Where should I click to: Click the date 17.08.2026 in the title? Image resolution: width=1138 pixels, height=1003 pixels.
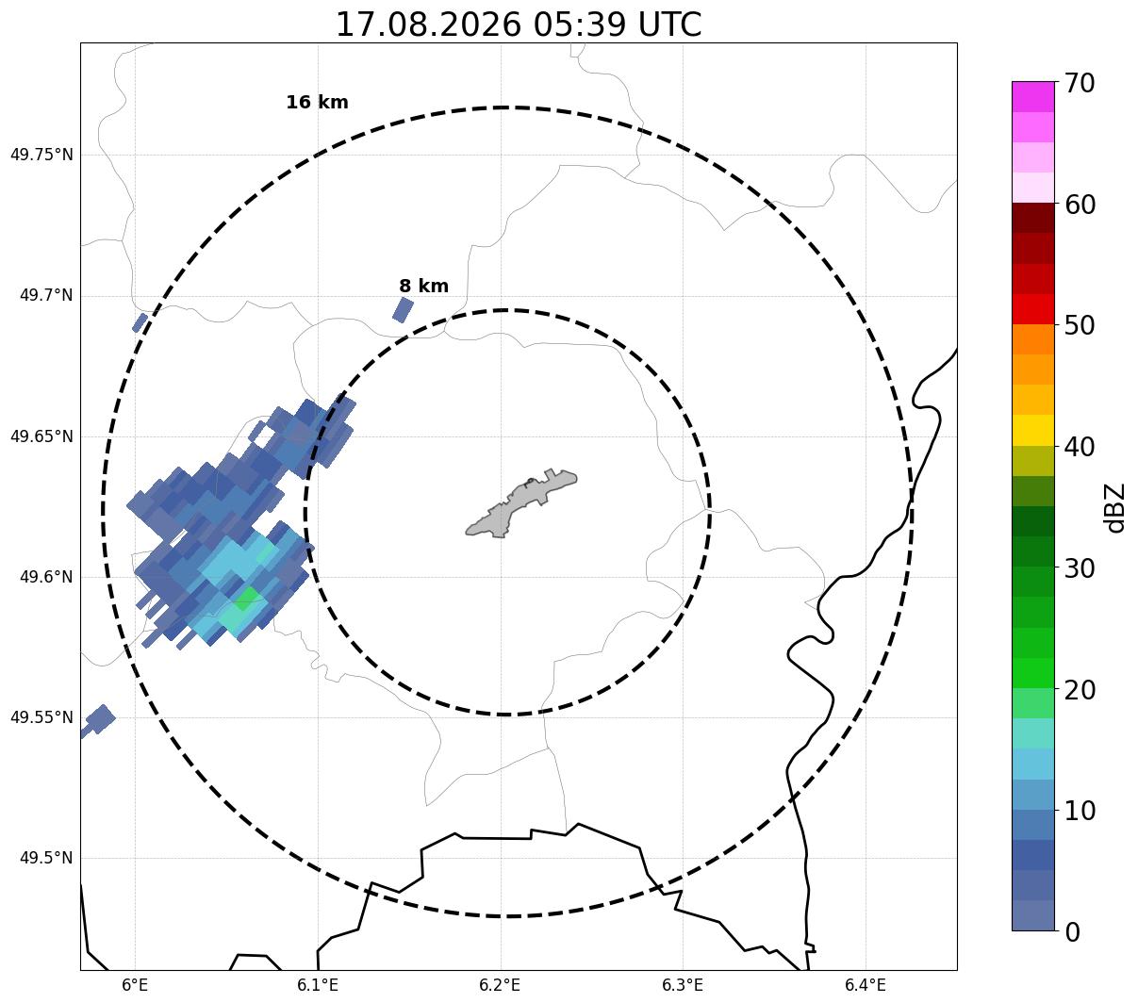click(428, 25)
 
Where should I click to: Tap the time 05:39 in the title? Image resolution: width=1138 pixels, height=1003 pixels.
click(579, 25)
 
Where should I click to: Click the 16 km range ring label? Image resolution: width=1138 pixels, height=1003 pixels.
click(318, 102)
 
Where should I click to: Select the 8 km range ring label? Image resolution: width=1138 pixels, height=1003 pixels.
click(424, 286)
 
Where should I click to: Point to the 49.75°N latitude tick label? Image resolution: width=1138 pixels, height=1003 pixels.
click(41, 155)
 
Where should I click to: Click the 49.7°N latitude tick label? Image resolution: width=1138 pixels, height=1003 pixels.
click(46, 295)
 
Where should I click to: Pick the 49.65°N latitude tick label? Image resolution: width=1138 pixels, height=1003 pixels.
click(41, 436)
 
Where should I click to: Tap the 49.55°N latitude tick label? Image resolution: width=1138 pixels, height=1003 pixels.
click(41, 717)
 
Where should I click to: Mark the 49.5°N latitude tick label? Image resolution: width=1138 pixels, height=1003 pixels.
click(46, 858)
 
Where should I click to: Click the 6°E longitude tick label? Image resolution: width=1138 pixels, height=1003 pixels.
click(135, 984)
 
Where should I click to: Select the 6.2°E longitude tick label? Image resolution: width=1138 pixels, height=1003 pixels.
click(500, 984)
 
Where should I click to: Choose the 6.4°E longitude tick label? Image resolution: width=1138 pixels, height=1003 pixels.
click(866, 984)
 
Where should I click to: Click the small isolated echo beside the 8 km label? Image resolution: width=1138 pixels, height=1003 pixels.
click(403, 310)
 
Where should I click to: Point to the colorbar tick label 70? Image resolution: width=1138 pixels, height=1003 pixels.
click(1080, 84)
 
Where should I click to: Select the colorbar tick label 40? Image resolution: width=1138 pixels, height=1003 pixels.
click(1080, 448)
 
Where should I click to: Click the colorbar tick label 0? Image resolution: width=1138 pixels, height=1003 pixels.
click(1072, 933)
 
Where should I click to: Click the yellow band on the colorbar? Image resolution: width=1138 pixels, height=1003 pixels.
click(1033, 430)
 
